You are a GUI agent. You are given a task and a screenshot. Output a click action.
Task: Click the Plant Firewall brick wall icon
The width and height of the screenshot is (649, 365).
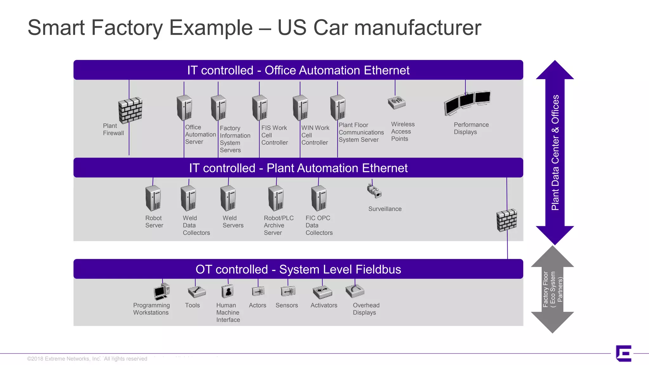(130, 110)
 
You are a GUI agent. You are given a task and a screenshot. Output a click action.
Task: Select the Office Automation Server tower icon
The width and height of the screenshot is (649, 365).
(184, 108)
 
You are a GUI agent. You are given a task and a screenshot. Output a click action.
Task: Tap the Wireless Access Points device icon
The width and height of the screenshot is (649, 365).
(396, 102)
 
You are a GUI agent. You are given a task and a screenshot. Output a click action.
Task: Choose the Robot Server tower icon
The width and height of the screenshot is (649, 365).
(153, 198)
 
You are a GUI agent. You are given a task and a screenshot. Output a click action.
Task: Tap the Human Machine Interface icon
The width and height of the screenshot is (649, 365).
(228, 291)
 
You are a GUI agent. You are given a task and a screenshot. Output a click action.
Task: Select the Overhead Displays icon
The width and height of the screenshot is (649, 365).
(355, 291)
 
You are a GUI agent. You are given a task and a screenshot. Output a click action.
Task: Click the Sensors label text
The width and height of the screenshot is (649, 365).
(286, 305)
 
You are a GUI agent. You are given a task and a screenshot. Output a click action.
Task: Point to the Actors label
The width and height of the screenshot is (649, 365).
(257, 305)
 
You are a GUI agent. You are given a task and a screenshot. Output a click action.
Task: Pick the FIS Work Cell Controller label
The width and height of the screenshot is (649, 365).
(274, 135)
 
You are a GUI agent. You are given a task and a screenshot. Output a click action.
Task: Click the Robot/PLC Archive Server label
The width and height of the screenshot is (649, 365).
(279, 225)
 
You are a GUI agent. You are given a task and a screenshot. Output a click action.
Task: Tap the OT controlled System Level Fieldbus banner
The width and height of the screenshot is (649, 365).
(298, 269)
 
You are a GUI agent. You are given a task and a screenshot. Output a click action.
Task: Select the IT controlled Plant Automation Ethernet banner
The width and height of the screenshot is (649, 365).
(298, 168)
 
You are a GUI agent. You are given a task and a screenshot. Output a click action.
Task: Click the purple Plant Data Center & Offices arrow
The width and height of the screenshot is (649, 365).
(555, 152)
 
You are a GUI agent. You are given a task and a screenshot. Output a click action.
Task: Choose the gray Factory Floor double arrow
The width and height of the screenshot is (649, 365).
(553, 289)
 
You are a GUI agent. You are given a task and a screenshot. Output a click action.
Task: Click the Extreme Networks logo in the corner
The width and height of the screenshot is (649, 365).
(624, 353)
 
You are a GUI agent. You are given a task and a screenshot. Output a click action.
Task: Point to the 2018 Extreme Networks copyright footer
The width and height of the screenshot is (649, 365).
(87, 359)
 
